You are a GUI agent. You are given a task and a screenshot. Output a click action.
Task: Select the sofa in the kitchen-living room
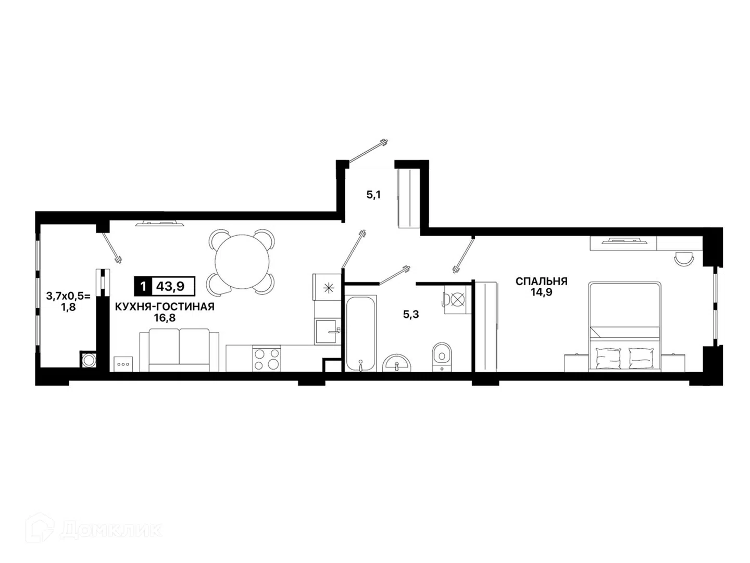pos(179,350)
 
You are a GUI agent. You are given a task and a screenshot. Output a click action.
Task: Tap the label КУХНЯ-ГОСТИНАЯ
pos(165,307)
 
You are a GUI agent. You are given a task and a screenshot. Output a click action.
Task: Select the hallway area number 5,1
pos(373,195)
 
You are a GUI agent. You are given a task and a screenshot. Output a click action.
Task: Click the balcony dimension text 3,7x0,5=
pos(69,296)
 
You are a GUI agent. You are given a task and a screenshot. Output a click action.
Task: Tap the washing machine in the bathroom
pos(455,299)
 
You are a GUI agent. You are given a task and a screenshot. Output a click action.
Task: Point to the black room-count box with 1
pos(143,286)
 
